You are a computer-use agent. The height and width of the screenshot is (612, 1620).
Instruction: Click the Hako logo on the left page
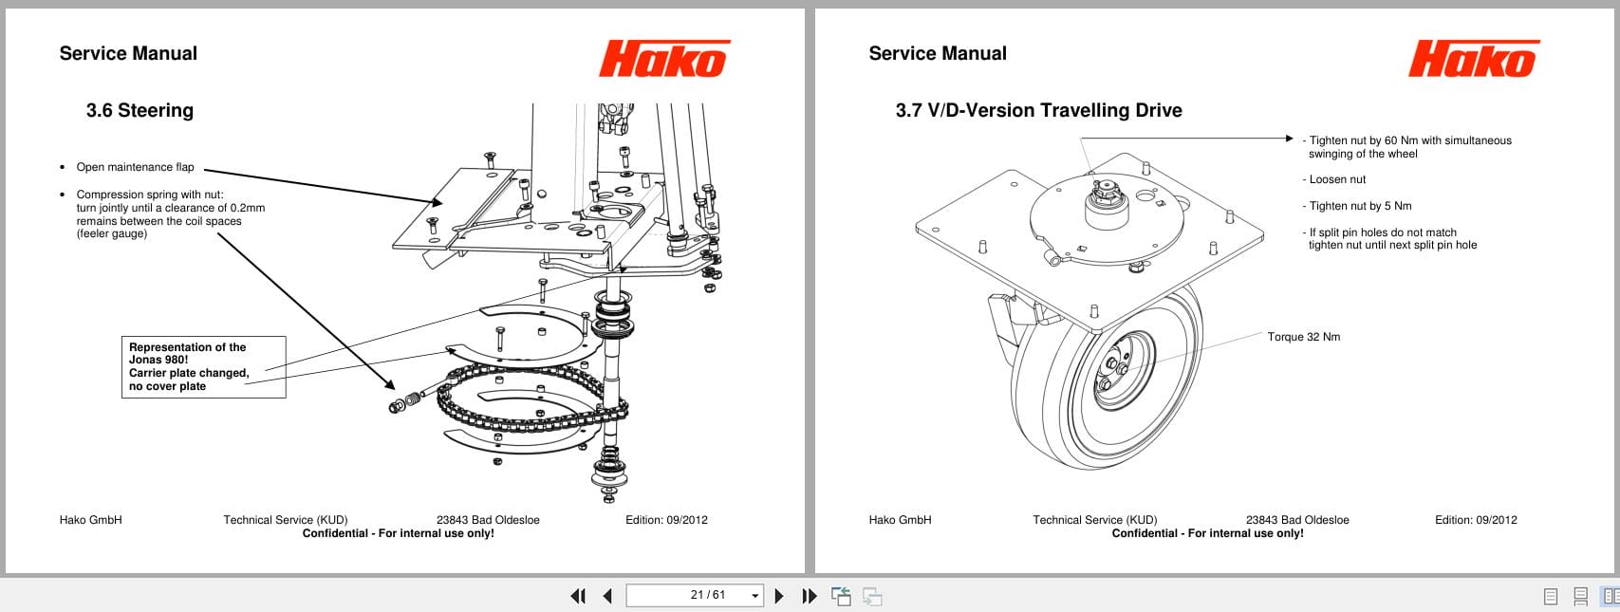(663, 59)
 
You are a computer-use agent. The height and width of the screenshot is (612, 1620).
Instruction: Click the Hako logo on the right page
(1473, 59)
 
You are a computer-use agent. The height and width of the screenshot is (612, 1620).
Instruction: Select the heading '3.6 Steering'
(140, 111)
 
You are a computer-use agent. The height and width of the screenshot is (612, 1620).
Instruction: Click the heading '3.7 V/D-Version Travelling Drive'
(1038, 111)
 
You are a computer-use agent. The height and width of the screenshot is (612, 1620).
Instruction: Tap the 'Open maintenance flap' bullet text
(135, 167)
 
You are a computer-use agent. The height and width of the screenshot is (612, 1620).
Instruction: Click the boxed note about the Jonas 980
(203, 366)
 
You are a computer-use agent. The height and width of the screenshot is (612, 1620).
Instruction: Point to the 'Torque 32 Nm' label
(1303, 337)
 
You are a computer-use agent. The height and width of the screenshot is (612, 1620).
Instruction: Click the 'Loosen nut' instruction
(1337, 179)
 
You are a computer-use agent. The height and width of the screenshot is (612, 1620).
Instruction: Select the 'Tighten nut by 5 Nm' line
(1360, 206)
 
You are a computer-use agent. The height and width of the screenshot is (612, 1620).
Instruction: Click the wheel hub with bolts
(1114, 368)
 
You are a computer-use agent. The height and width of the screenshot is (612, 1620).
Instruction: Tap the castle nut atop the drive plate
(1103, 195)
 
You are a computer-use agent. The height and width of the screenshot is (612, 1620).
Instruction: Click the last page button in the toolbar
(809, 596)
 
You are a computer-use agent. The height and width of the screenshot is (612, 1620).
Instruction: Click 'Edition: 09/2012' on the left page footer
(666, 520)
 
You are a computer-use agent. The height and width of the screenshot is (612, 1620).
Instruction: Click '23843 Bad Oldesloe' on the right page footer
(1296, 520)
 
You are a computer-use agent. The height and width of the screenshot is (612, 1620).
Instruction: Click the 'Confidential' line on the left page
(398, 533)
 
